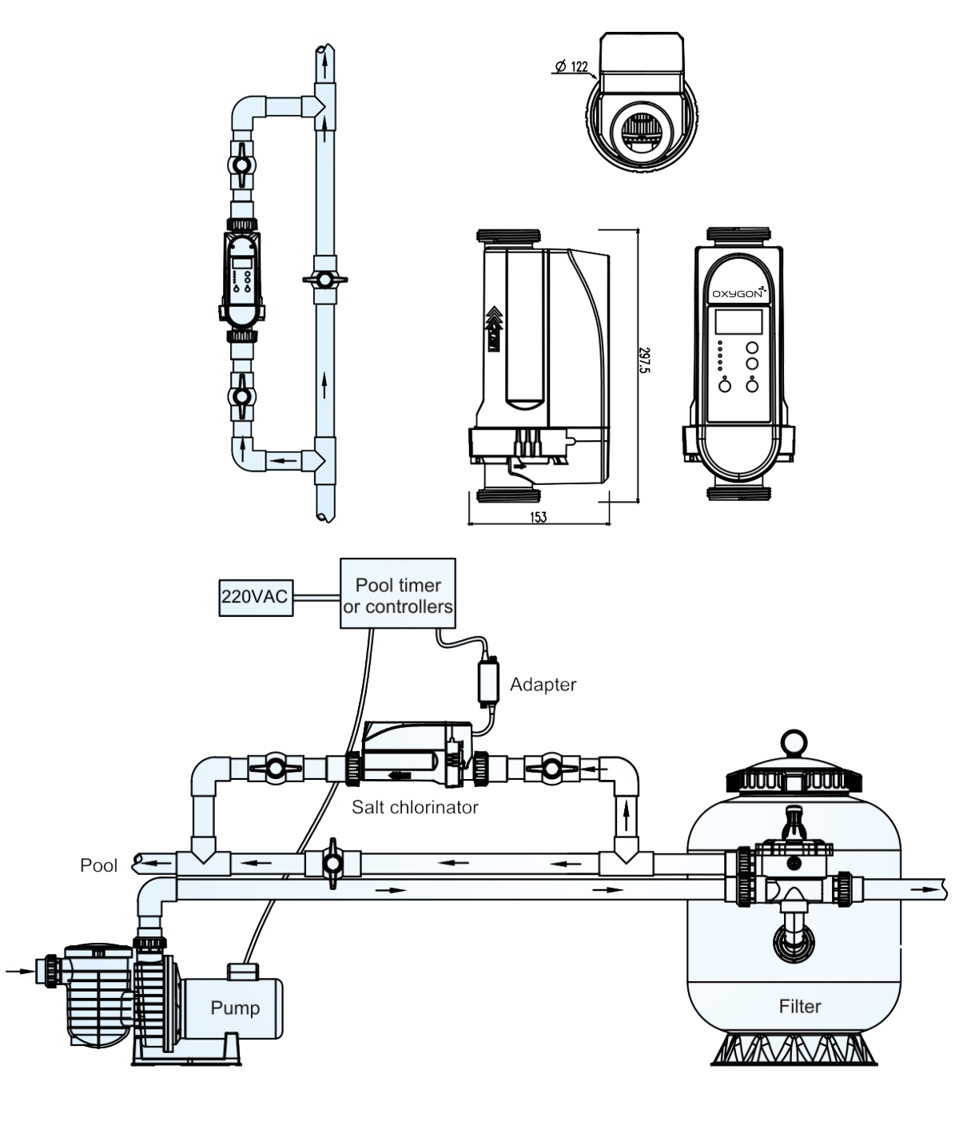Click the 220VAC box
[x=256, y=598]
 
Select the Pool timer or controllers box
[x=398, y=593]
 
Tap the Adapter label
[x=543, y=685]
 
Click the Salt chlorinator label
[x=415, y=807]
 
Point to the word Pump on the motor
[x=235, y=1008]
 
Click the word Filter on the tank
[x=800, y=1006]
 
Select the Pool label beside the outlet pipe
[x=99, y=866]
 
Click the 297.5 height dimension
[x=644, y=360]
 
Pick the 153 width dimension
[x=539, y=517]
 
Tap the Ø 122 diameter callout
[x=571, y=66]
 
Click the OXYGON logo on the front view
[x=739, y=293]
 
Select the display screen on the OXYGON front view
[x=738, y=322]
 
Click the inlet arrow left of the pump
[x=20, y=971]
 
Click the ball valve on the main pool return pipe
[x=332, y=864]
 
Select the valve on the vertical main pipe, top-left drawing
[x=325, y=280]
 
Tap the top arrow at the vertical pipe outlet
[x=325, y=65]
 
